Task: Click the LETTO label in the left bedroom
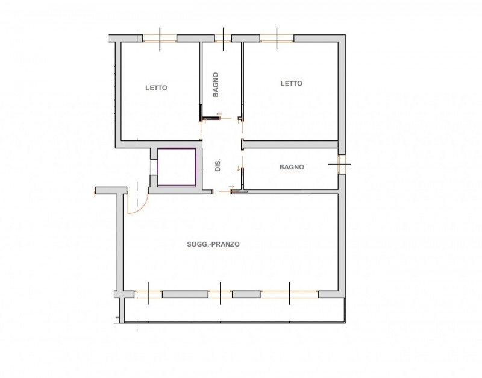point(156,88)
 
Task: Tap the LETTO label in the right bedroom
point(292,83)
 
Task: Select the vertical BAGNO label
point(216,85)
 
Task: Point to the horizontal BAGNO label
point(292,167)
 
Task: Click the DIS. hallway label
point(218,165)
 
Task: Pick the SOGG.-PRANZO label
point(213,244)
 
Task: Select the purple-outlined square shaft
point(177,168)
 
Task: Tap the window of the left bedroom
point(160,39)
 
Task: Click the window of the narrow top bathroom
point(223,38)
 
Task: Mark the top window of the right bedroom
point(277,38)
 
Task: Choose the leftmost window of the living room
point(148,294)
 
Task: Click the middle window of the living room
point(220,294)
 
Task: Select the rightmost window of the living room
point(290,294)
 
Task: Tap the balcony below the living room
point(234,310)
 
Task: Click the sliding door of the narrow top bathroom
point(211,118)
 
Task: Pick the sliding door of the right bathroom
point(242,178)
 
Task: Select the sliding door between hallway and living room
point(239,192)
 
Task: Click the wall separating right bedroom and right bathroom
point(290,144)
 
